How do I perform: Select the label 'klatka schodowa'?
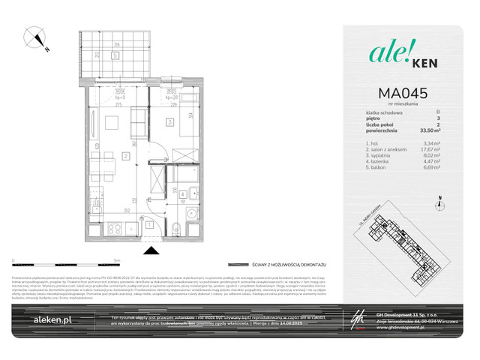tap(376, 112)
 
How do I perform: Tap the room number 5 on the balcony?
tap(114, 54)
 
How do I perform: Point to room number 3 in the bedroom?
tap(170, 121)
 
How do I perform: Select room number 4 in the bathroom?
tap(182, 193)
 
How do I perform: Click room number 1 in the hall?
tap(150, 223)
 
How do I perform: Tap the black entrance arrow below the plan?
tap(150, 249)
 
